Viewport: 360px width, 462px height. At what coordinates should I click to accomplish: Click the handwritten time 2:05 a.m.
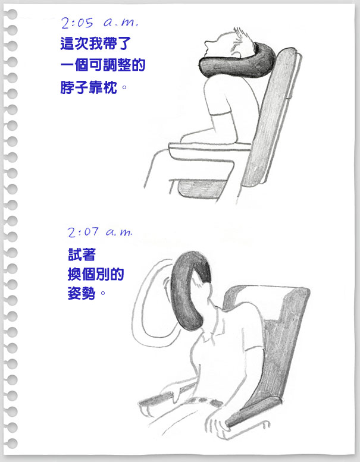[x=99, y=23]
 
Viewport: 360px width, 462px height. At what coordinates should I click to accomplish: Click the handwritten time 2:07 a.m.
[x=100, y=232]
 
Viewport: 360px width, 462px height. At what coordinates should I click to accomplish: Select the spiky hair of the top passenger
[x=244, y=37]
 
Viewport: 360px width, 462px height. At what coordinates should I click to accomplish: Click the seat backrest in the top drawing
[x=270, y=118]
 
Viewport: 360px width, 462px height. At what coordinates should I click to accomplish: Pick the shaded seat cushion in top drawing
[x=201, y=189]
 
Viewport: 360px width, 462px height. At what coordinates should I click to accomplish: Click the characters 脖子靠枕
[x=89, y=87]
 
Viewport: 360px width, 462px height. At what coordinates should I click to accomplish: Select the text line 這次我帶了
[x=96, y=43]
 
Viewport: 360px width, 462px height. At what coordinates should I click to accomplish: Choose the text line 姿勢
[x=82, y=293]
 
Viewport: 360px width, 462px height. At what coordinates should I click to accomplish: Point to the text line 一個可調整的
[x=103, y=65]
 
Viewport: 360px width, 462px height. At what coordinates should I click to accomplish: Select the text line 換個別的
[x=96, y=274]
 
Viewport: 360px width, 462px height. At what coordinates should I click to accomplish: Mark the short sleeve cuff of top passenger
[x=220, y=114]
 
